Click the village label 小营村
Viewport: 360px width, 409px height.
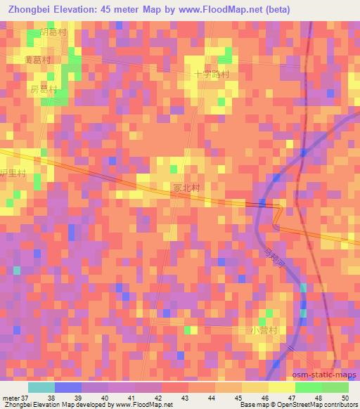coord(264,329)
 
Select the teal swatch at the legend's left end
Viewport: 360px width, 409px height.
coord(41,387)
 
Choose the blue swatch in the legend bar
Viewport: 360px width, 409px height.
coord(68,387)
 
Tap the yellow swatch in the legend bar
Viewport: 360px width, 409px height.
coord(281,387)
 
